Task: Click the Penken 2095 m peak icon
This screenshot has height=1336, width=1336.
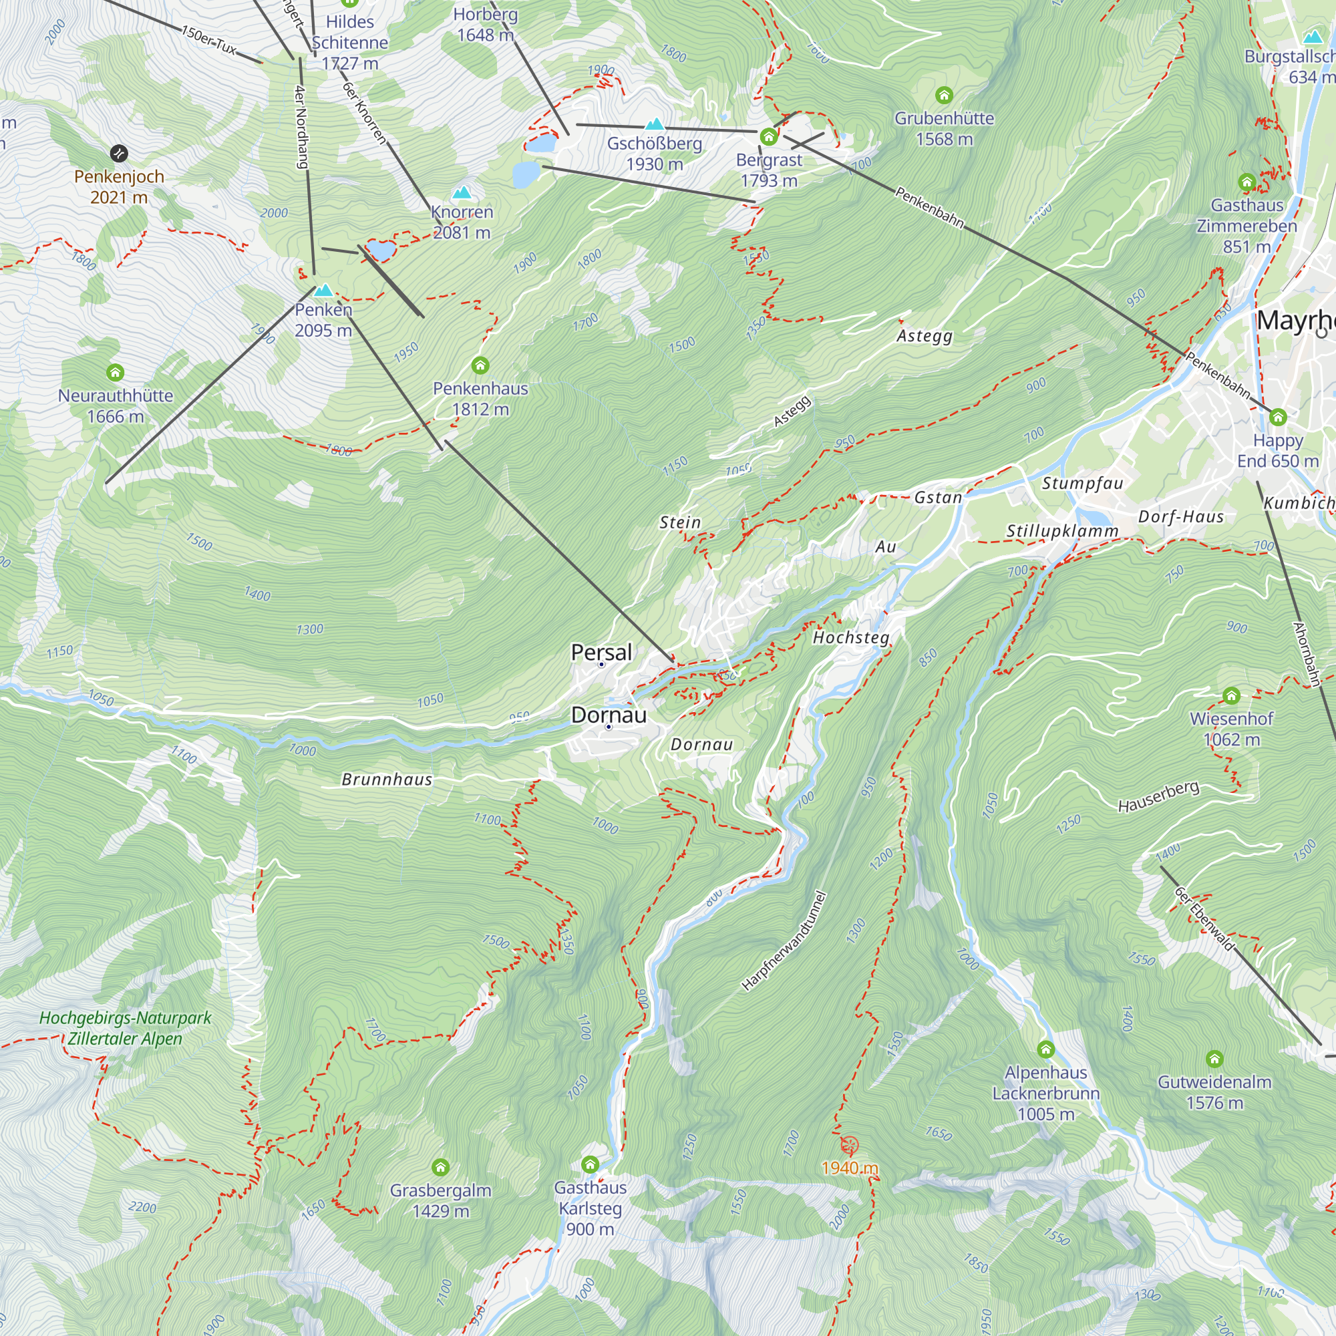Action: (x=323, y=291)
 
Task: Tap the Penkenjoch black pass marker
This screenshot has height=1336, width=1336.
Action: (x=119, y=153)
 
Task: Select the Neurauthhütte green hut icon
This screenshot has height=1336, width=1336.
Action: (x=116, y=373)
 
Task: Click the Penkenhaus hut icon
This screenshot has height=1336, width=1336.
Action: (x=480, y=365)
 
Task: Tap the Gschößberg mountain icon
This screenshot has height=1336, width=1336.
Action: (x=654, y=124)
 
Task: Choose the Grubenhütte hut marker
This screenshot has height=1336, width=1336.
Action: (x=944, y=95)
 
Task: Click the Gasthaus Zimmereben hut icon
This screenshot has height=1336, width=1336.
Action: (x=1246, y=182)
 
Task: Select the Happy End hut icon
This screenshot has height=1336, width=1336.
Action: (x=1278, y=417)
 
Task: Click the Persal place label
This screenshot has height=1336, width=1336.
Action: (x=601, y=652)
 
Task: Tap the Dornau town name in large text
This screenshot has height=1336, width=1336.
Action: (x=609, y=715)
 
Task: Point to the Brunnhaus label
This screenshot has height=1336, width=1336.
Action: (x=387, y=780)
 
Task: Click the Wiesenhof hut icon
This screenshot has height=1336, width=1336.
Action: (x=1231, y=695)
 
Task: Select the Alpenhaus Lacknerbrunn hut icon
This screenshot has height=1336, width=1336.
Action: (x=1045, y=1049)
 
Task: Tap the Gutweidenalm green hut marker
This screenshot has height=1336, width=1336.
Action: (x=1214, y=1059)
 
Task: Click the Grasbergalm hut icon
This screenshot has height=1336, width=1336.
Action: (x=440, y=1167)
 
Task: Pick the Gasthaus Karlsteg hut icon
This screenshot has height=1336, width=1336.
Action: (x=590, y=1164)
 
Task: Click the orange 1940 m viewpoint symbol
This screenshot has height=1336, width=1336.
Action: (x=849, y=1145)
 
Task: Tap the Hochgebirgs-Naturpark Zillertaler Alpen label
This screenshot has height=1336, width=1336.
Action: (x=125, y=1028)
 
